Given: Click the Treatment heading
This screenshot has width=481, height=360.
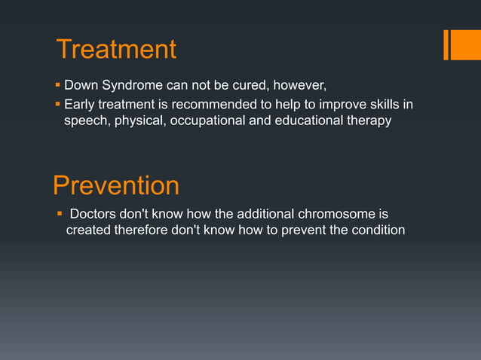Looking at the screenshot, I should point(117,50).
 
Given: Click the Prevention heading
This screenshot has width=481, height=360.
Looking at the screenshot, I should point(116,185).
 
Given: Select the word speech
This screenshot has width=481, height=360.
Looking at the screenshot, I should point(87,121).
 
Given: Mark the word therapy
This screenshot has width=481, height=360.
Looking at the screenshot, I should point(369,121).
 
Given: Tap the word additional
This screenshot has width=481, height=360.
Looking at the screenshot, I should point(264,214).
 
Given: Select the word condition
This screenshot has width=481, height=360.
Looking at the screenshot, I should point(376,230).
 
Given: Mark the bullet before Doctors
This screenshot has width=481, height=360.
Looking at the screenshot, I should point(60,214).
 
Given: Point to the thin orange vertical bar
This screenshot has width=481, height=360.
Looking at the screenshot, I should point(447,44).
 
